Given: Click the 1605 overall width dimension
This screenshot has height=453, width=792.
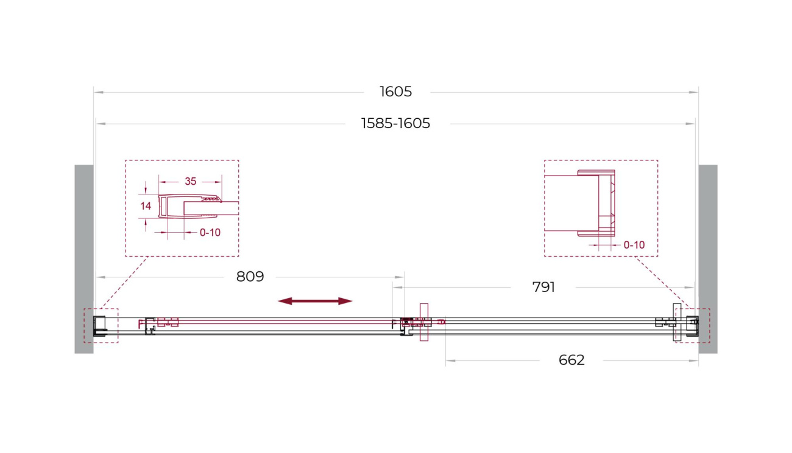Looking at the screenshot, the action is pos(395,91).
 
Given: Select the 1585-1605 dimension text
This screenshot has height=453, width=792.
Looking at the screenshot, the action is pos(395,124).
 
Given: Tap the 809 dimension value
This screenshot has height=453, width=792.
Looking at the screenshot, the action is pos(250,276).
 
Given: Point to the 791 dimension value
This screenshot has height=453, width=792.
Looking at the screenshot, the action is pos(543,287).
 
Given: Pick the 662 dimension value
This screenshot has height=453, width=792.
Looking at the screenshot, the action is pos(571,360).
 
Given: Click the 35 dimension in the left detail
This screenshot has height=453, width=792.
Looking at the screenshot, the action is pos(190,182).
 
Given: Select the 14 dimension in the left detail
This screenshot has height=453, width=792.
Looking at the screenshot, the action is pos(146,206).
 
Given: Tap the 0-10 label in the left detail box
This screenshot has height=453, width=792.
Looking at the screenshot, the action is pos(210,232).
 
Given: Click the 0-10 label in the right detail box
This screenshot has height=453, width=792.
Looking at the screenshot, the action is pos(634,245).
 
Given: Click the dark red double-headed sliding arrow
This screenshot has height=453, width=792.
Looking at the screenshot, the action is pos(315,301).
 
